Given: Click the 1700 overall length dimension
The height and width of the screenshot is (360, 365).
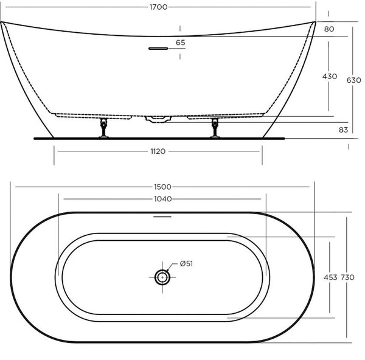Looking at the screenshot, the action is tap(159, 7).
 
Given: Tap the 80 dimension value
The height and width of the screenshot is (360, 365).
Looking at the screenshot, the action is tap(329, 29).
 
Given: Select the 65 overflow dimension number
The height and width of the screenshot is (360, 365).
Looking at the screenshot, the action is tap(181, 43).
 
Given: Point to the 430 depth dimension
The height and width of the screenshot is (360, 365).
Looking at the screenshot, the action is tap(330, 77).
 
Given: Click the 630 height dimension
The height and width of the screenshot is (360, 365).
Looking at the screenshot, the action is tap(353, 80).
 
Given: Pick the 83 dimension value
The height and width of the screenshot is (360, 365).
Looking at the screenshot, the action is tap(343, 130).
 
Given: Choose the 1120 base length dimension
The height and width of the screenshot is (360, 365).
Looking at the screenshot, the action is tap(158, 151).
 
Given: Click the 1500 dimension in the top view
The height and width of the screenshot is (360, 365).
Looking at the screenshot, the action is tap(162, 187).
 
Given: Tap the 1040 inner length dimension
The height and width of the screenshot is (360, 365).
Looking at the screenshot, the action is tap(163, 199).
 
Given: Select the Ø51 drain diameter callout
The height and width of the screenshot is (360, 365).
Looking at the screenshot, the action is tap(186, 264).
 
